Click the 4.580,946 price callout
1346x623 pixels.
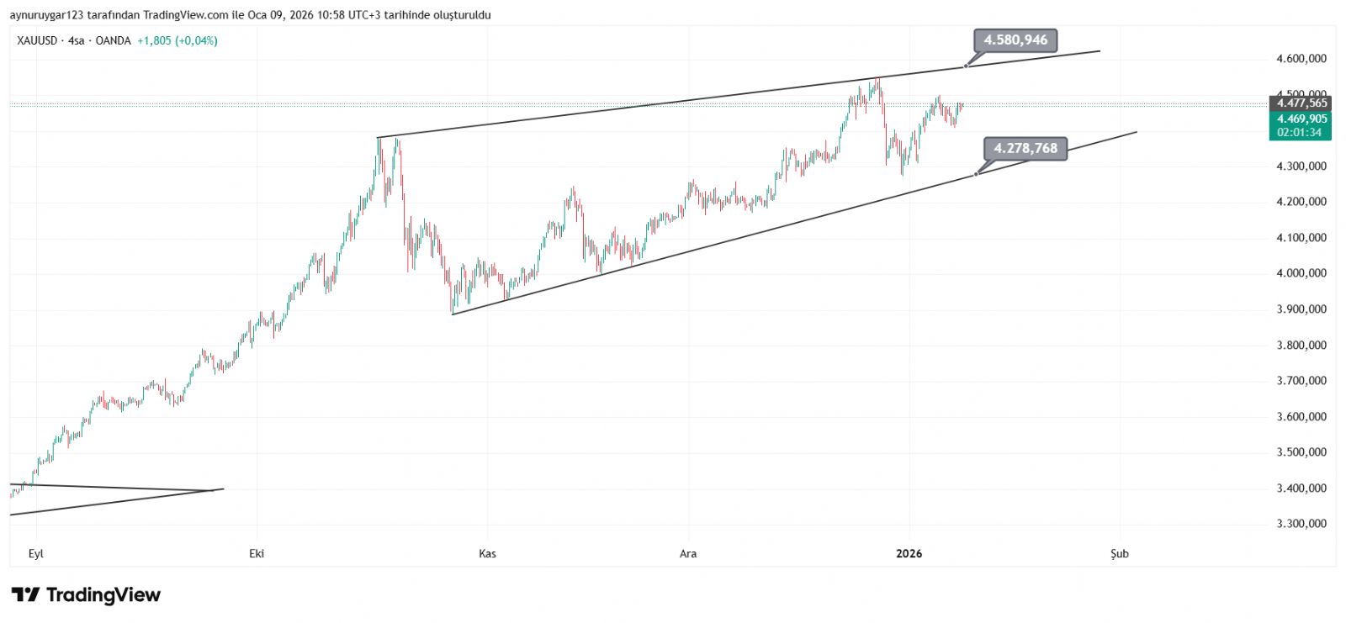(1015, 40)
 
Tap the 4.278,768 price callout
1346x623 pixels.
(1025, 149)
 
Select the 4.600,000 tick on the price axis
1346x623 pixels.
(1301, 59)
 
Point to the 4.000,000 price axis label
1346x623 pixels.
(1301, 273)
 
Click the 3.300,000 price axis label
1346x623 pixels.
(1301, 524)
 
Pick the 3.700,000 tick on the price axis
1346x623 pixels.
(1301, 381)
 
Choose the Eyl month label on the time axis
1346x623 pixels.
(35, 553)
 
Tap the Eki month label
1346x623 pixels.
(257, 553)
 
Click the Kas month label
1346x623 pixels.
(487, 553)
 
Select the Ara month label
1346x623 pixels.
(688, 553)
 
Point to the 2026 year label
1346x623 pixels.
(909, 553)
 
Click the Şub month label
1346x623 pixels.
(1119, 553)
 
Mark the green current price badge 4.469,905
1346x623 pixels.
(1301, 119)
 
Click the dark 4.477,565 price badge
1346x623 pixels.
(1301, 103)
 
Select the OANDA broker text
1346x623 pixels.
(113, 40)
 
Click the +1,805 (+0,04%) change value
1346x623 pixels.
(178, 40)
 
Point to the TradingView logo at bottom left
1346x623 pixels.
(86, 595)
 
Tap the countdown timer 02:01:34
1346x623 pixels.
(1299, 133)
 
